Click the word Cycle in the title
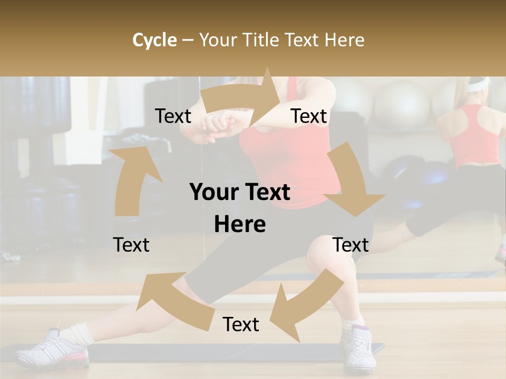pos(154,40)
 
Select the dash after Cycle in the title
pos(188,40)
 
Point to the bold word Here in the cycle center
pos(240,224)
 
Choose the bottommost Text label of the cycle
pos(241,325)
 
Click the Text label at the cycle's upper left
pos(173,116)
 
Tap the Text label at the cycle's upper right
pos(309,116)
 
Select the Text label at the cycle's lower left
pos(131,245)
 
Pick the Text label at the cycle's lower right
pos(351,245)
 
